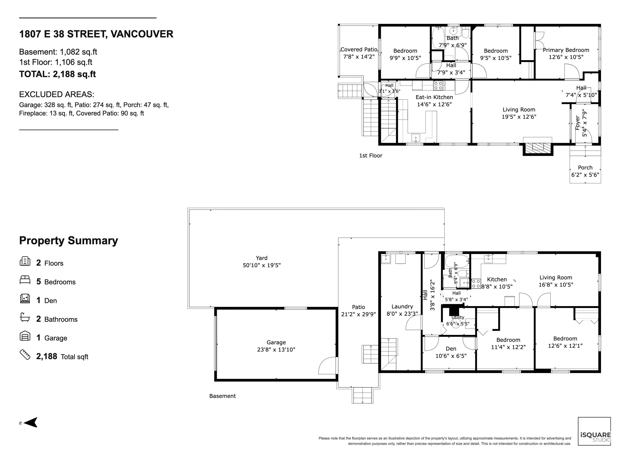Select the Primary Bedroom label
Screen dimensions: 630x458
click(566, 50)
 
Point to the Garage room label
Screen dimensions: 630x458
click(276, 342)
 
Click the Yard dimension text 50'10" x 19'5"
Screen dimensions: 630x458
click(262, 265)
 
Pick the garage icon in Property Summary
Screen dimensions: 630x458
click(25, 336)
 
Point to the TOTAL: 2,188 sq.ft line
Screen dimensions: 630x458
click(57, 74)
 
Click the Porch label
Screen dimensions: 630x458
click(585, 168)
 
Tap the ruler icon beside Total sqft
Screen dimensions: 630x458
click(25, 355)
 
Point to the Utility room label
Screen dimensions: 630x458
click(458, 317)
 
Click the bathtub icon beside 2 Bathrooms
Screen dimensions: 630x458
click(25, 317)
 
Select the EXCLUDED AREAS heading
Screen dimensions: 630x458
click(57, 95)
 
